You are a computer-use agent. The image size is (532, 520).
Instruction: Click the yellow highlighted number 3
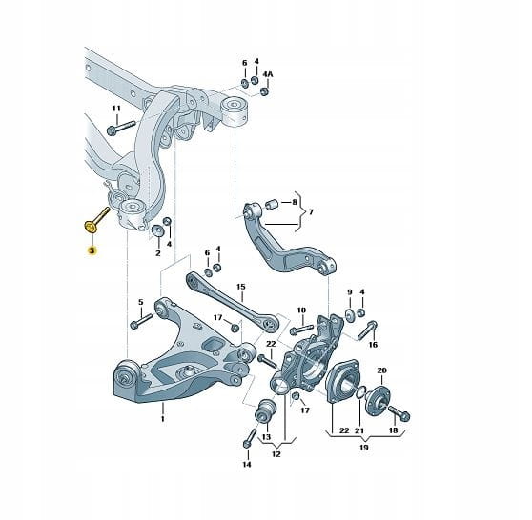(x=92, y=250)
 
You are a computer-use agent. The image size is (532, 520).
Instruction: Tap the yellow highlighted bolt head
(x=91, y=227)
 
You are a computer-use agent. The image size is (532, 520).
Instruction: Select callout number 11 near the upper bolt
(x=116, y=109)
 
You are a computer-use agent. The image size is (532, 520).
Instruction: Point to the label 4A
(x=268, y=74)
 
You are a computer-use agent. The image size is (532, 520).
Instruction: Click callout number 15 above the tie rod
(x=241, y=287)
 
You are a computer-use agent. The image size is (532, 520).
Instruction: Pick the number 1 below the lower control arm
(x=162, y=419)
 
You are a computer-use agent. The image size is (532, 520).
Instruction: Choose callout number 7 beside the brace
(x=311, y=212)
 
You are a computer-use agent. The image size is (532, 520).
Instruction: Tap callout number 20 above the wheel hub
(x=381, y=370)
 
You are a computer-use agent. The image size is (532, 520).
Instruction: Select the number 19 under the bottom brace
(x=363, y=448)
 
